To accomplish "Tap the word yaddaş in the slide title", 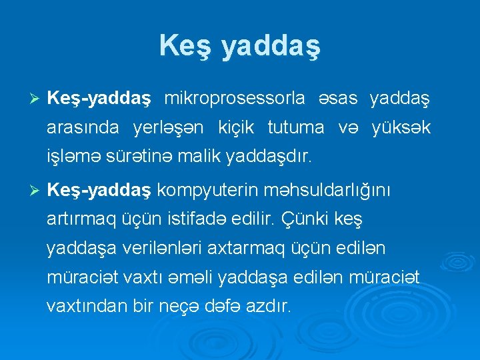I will (x=270, y=47).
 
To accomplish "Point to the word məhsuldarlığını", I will (x=330, y=191).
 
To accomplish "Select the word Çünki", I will (x=310, y=219).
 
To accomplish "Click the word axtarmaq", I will (x=243, y=249).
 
